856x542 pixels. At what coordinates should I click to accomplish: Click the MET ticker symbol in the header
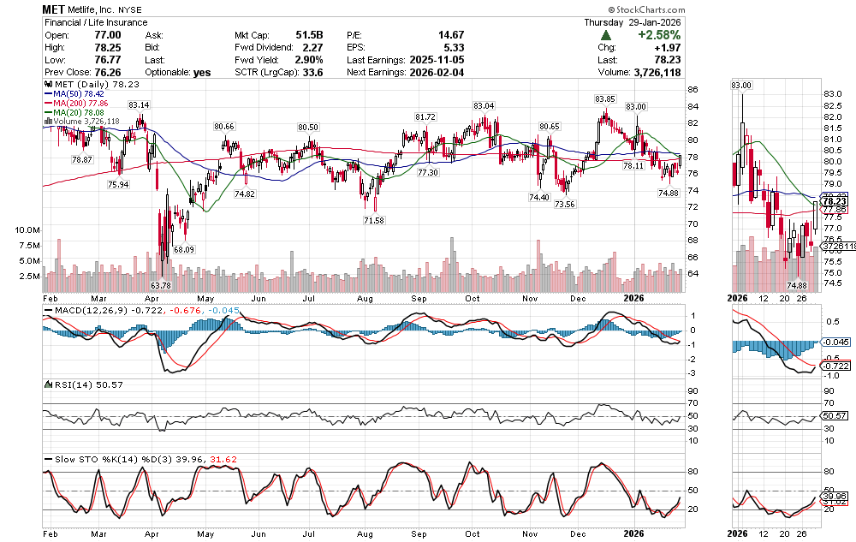56,8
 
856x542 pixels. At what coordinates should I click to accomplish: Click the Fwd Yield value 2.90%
309,60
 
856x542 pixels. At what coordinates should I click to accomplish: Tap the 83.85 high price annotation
605,98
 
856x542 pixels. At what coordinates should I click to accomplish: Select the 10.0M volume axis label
25,230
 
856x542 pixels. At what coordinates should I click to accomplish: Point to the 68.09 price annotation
185,250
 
